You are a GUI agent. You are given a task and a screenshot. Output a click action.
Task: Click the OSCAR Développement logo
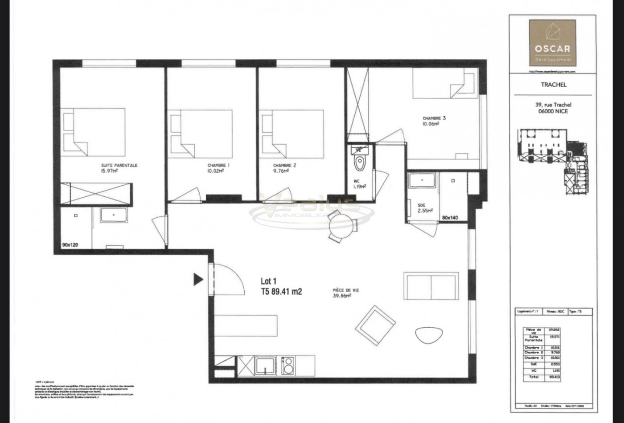coord(552,43)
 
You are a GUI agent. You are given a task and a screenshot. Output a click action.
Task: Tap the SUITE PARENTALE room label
coord(119,165)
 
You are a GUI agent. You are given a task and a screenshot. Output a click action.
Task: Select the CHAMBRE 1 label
coord(218,165)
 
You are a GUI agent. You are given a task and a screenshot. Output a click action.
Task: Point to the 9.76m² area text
coord(281,170)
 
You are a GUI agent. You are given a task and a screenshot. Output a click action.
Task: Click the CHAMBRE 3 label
coord(434,118)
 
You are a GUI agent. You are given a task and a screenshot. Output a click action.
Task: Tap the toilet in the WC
coord(359,163)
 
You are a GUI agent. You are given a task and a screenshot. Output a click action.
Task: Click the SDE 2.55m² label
coord(425,208)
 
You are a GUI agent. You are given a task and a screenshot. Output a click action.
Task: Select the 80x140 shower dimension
coord(450,218)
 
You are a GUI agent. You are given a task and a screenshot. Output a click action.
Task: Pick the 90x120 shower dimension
coord(70,245)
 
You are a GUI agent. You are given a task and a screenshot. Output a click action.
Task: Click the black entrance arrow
coord(198,280)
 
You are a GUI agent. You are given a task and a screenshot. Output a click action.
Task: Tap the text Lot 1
coord(268,281)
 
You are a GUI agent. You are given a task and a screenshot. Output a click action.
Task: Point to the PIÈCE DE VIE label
coord(345,290)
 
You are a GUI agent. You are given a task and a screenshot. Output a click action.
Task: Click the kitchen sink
coord(266,366)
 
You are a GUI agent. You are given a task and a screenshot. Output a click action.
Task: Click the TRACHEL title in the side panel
coord(554,85)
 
